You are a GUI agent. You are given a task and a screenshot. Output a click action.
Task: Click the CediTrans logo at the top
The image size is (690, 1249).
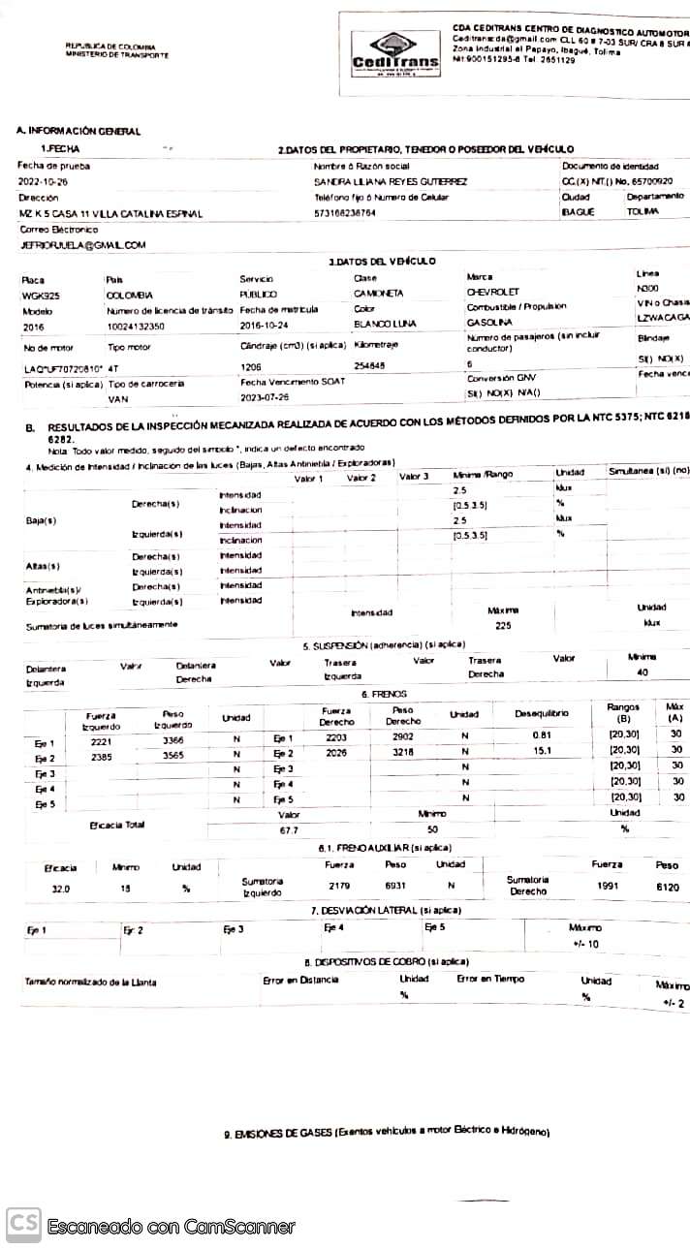[x=394, y=56]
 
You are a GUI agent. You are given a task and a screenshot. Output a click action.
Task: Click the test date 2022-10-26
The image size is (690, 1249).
[x=43, y=181]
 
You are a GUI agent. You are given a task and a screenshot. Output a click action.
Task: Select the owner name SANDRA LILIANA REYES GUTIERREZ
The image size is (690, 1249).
[x=391, y=181]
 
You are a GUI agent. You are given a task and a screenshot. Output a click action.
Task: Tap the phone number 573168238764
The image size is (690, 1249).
[x=345, y=212]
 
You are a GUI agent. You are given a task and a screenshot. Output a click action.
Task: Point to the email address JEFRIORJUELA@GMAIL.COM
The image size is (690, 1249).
[x=82, y=246]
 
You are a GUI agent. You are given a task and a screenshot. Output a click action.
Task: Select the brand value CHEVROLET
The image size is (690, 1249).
[x=493, y=292]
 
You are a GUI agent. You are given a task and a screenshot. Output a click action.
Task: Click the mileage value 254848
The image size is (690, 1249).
[x=369, y=366]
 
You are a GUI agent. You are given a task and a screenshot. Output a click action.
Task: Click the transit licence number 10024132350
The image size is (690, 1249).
[x=136, y=327]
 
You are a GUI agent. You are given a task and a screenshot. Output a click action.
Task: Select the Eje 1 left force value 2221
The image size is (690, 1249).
[x=102, y=740]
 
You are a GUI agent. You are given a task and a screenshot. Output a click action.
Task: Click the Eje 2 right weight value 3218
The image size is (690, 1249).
[x=402, y=753]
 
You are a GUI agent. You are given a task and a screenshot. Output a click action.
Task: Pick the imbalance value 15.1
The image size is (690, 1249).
[x=542, y=750]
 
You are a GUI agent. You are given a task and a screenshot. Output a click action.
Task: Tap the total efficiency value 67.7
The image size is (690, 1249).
[x=288, y=830]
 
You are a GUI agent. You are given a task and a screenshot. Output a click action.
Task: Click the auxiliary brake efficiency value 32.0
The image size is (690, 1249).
[x=61, y=889]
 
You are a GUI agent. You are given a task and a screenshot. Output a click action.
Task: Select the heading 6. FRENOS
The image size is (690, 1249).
[x=384, y=695]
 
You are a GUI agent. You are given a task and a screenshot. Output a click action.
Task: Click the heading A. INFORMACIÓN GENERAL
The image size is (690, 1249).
[x=78, y=131]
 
